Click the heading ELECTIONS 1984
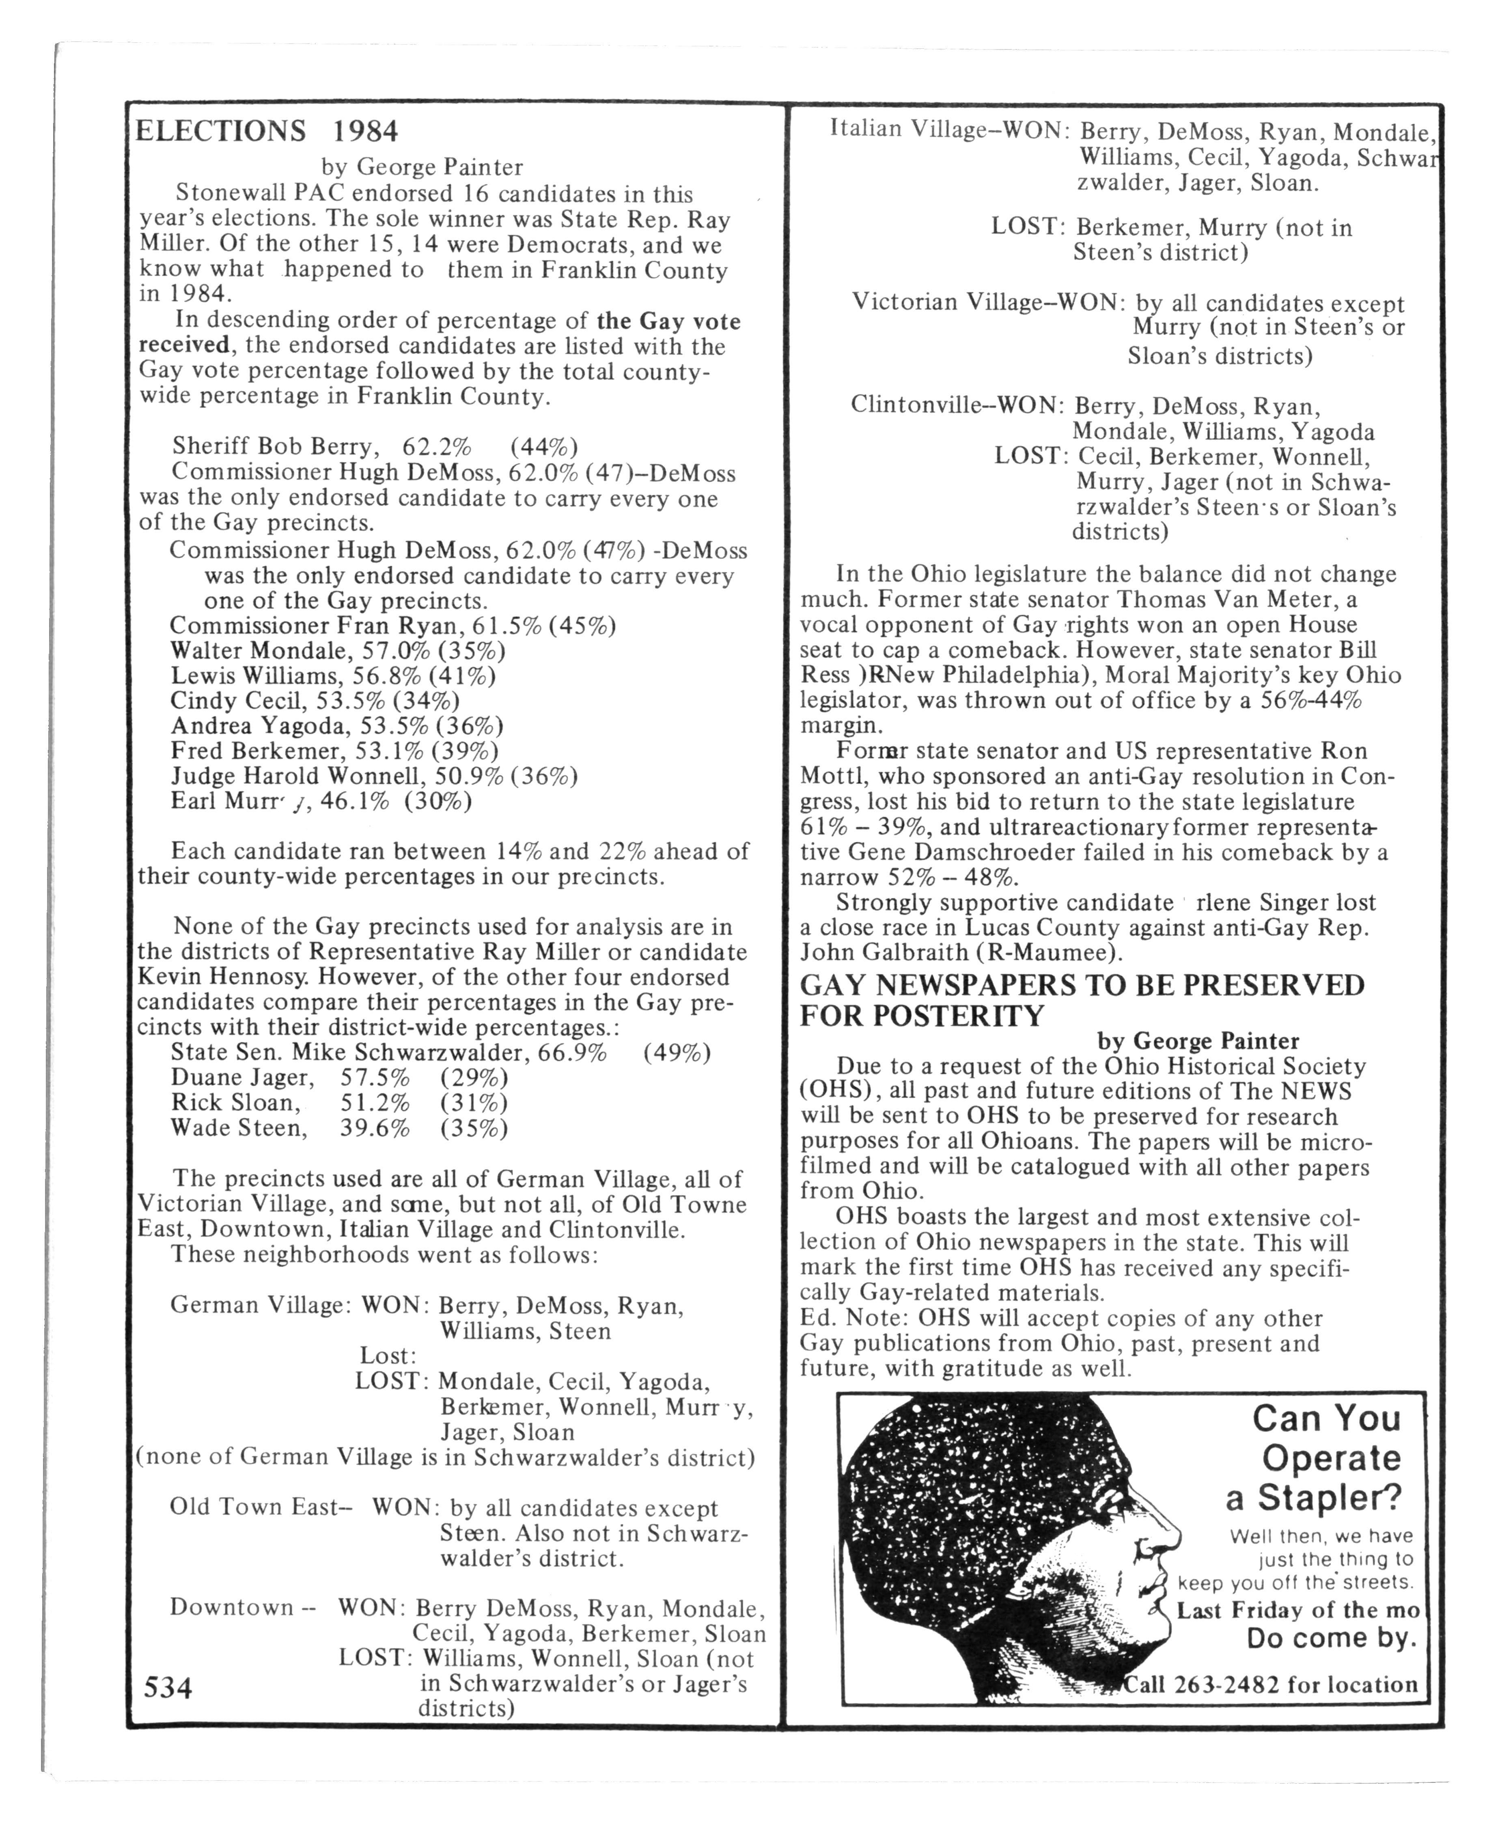[267, 131]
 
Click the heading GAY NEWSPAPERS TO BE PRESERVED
[1082, 986]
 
